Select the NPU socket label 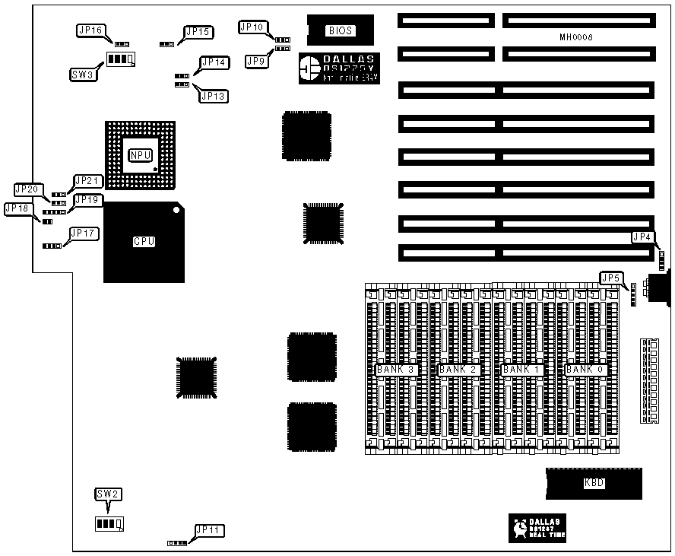(140, 155)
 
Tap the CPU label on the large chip (144, 242)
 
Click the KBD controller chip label (594, 483)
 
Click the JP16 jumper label (90, 30)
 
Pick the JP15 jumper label (198, 32)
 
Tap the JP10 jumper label (252, 27)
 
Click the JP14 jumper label (214, 62)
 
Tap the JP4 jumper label (642, 237)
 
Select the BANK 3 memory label (395, 370)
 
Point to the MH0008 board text (575, 37)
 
